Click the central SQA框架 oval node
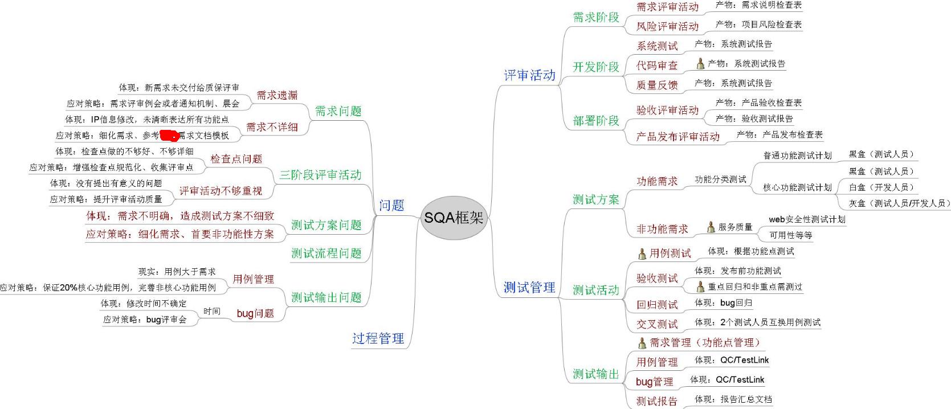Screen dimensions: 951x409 [x=454, y=218]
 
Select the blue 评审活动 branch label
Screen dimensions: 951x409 [x=529, y=75]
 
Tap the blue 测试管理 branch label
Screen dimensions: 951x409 [x=529, y=288]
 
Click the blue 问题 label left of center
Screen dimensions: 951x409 [x=391, y=206]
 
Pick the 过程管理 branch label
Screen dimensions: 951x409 [x=378, y=338]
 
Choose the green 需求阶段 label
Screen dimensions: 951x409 [x=595, y=17]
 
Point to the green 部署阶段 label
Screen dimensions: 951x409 [x=595, y=121]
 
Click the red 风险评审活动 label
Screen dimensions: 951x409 [x=667, y=26]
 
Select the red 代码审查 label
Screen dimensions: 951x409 [x=657, y=66]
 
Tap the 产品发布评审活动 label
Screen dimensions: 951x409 [x=677, y=137]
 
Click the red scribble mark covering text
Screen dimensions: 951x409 [x=169, y=136]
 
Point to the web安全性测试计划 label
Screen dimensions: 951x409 [x=807, y=219]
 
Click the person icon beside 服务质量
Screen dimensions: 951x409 [x=711, y=227]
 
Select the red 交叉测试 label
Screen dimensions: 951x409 [x=657, y=324]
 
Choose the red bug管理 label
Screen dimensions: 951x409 [x=654, y=382]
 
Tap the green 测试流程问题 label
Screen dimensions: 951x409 [x=326, y=253]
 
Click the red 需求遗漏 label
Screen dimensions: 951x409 [x=277, y=95]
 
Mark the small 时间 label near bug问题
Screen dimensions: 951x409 [x=212, y=311]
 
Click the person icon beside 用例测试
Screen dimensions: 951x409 [x=642, y=253]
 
